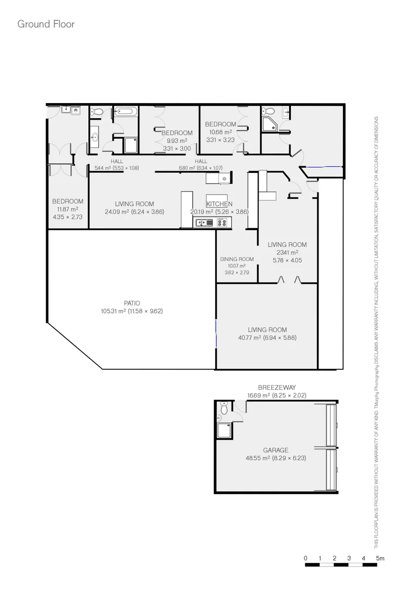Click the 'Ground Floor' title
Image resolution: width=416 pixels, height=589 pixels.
coord(46,24)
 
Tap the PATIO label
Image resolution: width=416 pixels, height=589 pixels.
coord(132,303)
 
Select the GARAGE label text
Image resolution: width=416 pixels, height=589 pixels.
coord(276,450)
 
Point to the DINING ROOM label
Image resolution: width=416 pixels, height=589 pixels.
coord(237,259)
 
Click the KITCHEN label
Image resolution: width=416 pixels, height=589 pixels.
coord(219,204)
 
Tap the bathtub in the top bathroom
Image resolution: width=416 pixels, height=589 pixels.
coord(125,112)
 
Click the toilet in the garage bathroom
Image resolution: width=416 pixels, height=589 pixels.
coord(224,409)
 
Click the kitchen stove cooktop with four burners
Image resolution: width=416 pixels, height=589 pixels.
coord(223,222)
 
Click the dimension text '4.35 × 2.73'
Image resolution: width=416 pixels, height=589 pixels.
coord(68,217)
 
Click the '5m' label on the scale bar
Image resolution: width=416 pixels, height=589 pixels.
coord(380,558)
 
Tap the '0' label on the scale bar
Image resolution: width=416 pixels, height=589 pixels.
coord(306,558)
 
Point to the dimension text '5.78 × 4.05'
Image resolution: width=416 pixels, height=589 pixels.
coord(287,260)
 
